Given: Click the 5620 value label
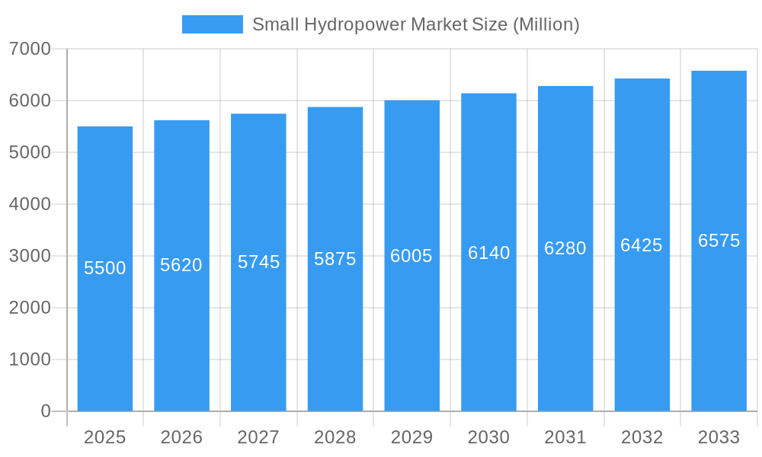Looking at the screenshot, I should pos(181,265).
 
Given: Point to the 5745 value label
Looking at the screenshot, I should pos(258,262).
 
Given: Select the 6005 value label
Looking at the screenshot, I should pos(411,256).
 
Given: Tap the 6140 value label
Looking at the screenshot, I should pos(488,253).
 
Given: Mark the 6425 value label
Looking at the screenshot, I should pos(642,245).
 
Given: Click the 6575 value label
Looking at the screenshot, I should pos(719,241).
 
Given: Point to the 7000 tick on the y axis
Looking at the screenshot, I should pos(30,49).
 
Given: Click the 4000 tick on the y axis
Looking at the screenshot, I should pos(30,204).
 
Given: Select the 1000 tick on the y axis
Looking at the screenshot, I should pos(30,360).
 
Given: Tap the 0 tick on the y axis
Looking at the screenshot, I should pos(46,411).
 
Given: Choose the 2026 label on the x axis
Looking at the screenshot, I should pos(181,437).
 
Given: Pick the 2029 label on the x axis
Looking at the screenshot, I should pos(411,437).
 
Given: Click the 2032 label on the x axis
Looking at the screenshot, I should pos(642,437).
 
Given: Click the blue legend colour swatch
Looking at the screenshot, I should pos(213,24).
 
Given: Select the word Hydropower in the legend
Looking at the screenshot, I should pos(355,24).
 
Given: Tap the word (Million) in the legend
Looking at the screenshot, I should pos(546,24).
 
